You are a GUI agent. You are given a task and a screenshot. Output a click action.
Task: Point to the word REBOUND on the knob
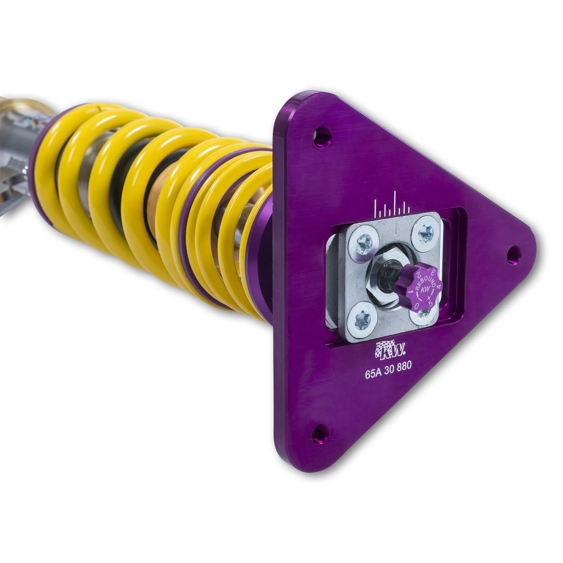click(425, 281)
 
